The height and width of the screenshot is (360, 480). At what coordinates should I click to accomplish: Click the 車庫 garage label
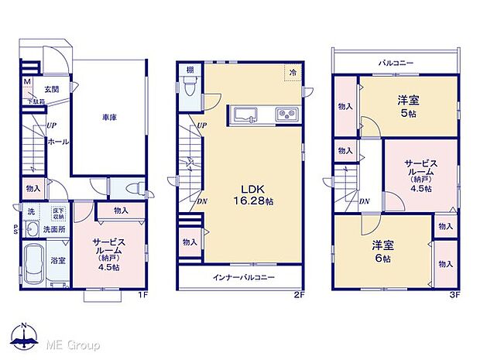pyautogui.click(x=108, y=118)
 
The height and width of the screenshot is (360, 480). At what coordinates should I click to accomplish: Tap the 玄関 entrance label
pyautogui.click(x=52, y=89)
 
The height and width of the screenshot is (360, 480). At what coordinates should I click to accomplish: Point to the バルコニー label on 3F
pyautogui.click(x=395, y=62)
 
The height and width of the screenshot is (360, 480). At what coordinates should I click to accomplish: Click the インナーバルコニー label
pyautogui.click(x=238, y=277)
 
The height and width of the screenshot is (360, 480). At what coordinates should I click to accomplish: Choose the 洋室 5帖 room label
pyautogui.click(x=409, y=104)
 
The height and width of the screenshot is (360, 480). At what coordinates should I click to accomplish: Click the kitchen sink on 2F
pyautogui.click(x=248, y=115)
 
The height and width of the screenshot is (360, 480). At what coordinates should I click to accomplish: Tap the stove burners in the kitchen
pyautogui.click(x=286, y=115)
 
